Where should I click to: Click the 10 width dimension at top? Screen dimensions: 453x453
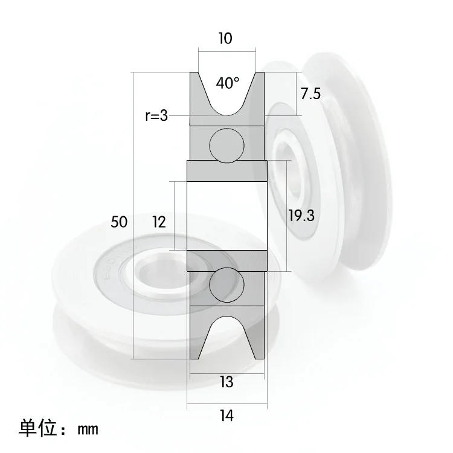(x=225, y=39)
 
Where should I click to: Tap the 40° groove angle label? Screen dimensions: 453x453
(x=228, y=83)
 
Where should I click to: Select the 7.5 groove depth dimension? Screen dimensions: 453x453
(x=310, y=93)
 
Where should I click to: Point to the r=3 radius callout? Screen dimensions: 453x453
(x=156, y=115)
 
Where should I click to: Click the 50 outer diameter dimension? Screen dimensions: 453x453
(x=119, y=222)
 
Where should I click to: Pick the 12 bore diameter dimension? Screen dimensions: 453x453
(x=159, y=222)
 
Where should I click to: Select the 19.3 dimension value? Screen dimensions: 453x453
(x=301, y=216)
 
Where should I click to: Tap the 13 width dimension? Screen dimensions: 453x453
(x=226, y=382)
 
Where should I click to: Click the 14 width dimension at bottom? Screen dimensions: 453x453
(x=226, y=415)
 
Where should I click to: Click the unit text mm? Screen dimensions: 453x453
(x=88, y=429)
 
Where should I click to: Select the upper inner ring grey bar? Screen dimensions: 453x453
(x=226, y=170)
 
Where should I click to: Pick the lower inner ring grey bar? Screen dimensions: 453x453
(x=226, y=260)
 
